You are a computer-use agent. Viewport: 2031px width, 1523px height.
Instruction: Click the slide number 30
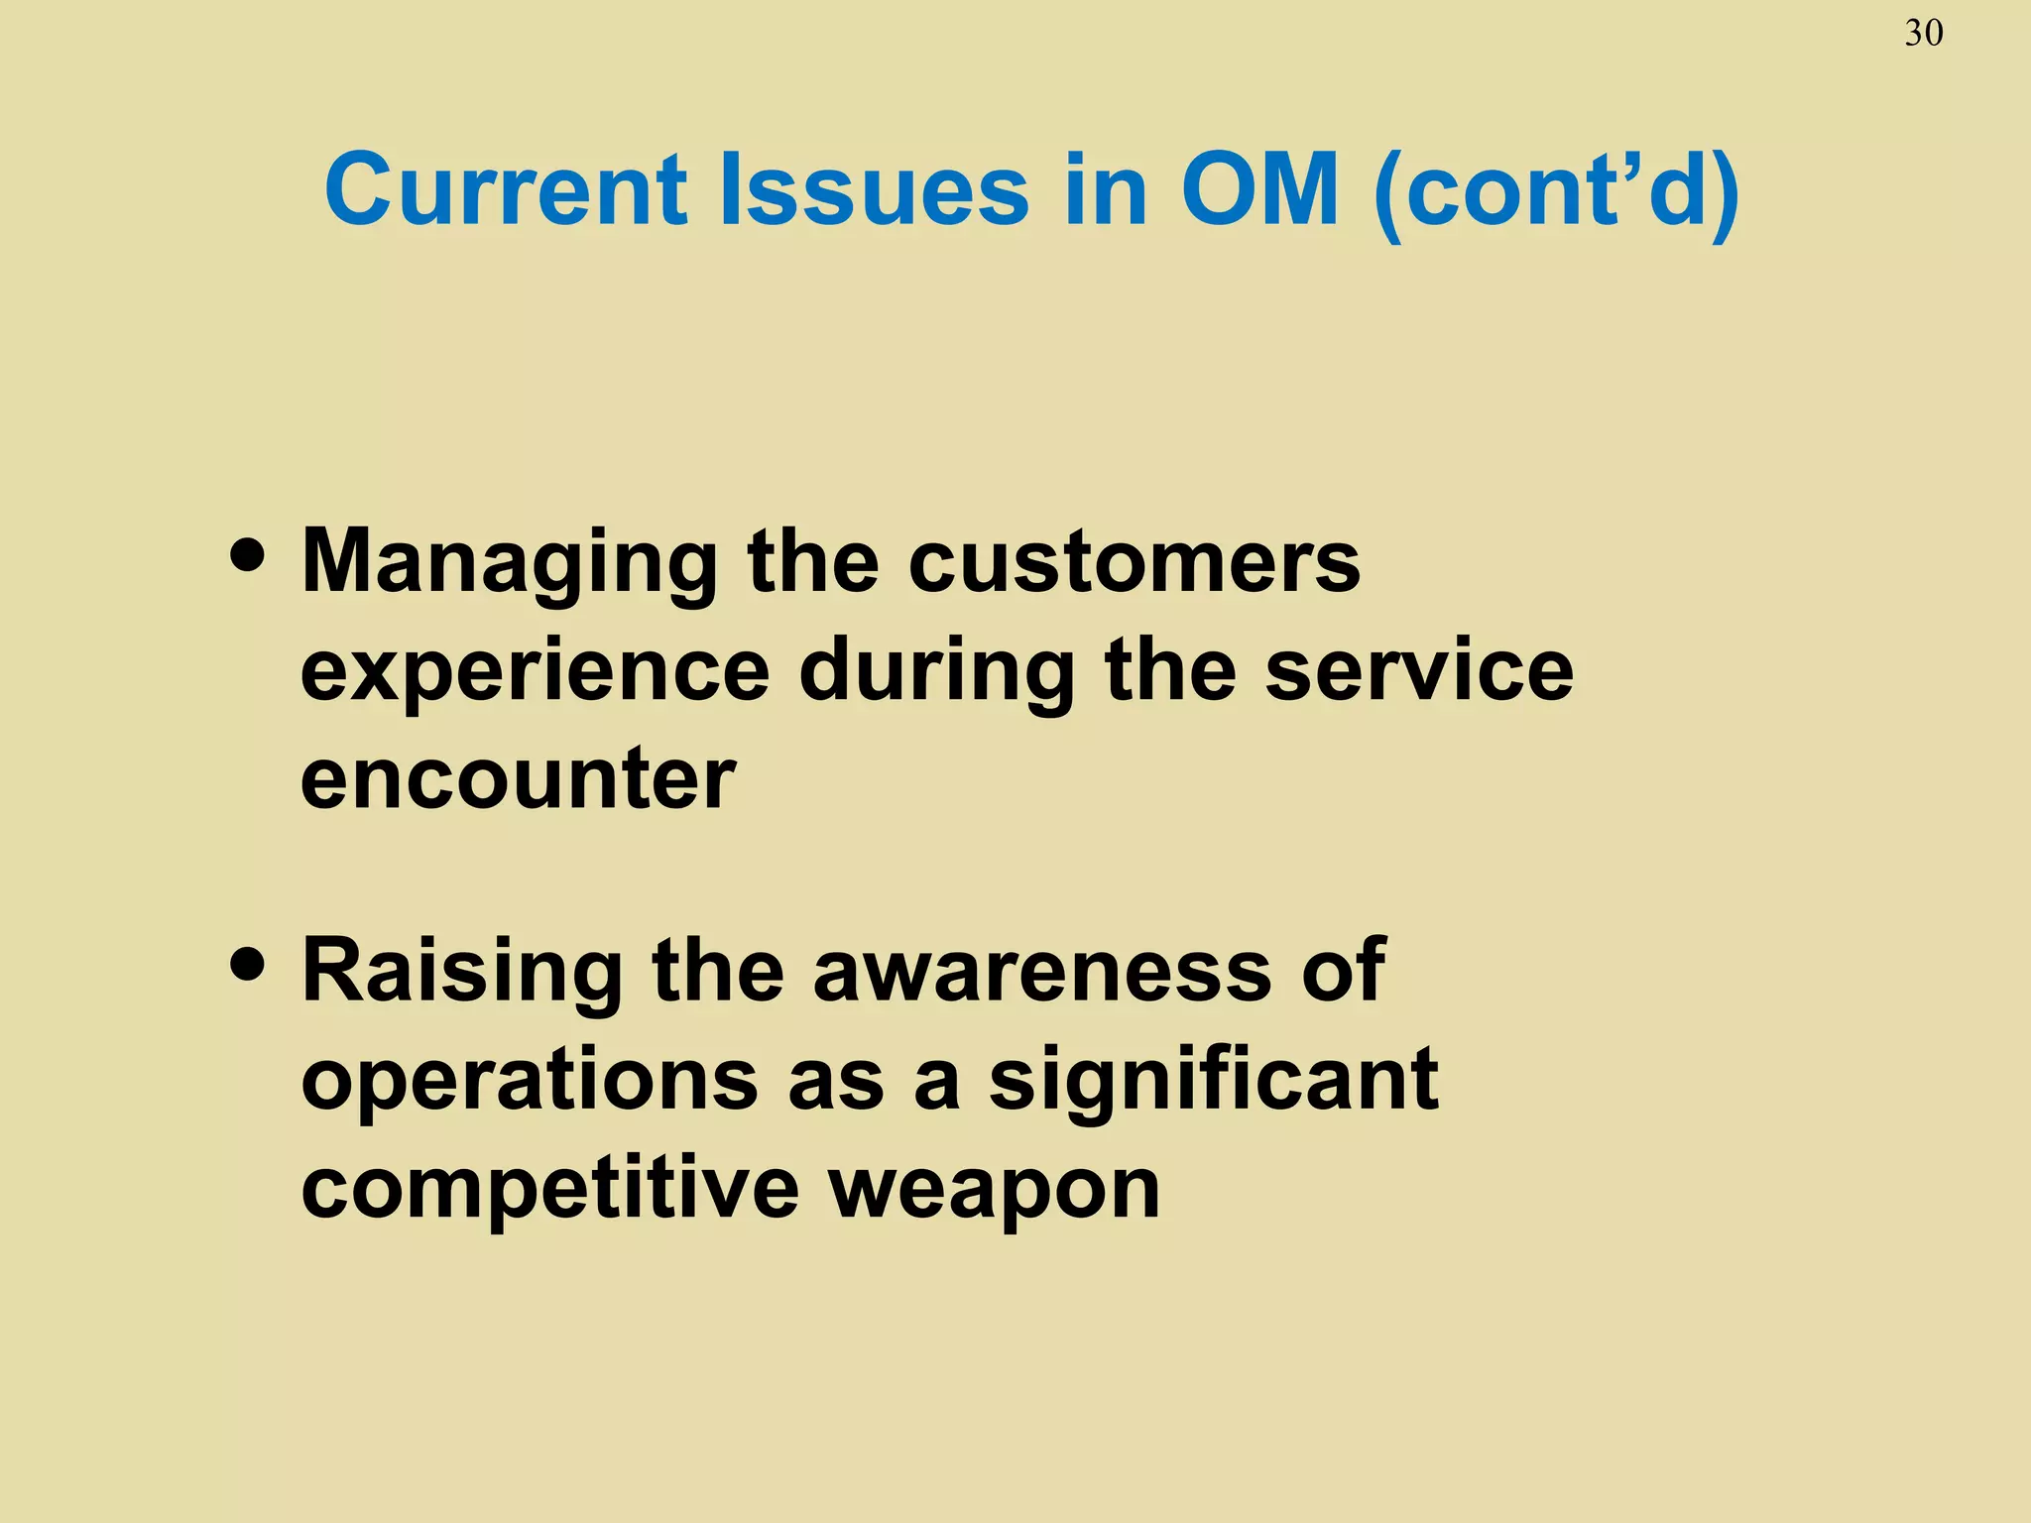(x=1923, y=35)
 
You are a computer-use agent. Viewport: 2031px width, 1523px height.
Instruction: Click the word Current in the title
(x=505, y=189)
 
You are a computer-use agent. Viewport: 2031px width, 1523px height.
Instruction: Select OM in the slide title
(x=1258, y=189)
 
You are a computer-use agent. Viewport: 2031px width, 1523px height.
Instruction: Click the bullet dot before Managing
(x=247, y=557)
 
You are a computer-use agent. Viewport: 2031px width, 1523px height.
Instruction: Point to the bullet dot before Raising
(x=247, y=966)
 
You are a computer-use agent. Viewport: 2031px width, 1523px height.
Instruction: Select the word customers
(x=1134, y=561)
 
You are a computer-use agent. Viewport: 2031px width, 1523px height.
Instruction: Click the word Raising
(x=462, y=973)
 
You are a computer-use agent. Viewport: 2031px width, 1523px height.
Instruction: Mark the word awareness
(x=1041, y=971)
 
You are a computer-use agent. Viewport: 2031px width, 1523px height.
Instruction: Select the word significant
(x=1213, y=1081)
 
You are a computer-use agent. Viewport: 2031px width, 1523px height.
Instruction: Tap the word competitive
(x=549, y=1190)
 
